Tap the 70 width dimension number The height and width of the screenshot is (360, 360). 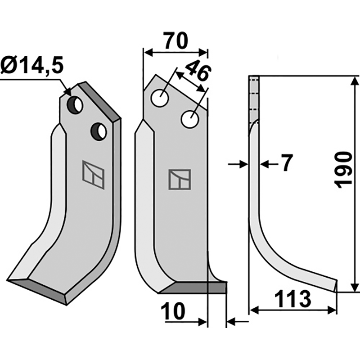175,41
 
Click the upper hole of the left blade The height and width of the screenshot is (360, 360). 75,105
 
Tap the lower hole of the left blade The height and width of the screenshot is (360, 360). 98,131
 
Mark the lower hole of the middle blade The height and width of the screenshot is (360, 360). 190,120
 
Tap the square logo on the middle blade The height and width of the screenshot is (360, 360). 180,179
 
